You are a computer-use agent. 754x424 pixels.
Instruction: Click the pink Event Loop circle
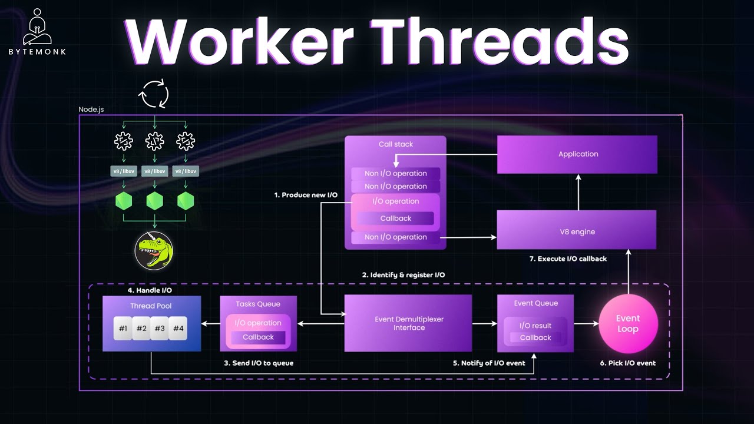627,323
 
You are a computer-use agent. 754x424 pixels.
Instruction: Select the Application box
577,154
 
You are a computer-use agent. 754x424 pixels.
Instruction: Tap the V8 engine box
577,231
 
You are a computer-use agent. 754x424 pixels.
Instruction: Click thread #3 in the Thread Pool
160,329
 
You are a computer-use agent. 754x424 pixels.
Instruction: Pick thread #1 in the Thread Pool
123,329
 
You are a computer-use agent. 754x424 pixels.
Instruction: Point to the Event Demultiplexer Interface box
408,323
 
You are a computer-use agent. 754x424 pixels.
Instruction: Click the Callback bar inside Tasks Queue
258,337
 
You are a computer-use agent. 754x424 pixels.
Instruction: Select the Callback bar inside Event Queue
535,337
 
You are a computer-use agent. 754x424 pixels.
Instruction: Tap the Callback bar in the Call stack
395,218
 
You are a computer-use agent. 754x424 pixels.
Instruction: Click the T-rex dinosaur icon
154,250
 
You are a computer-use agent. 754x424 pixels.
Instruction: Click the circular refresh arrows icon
154,94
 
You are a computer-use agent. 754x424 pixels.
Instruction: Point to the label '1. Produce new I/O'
306,195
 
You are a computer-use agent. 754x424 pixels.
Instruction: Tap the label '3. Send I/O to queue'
258,363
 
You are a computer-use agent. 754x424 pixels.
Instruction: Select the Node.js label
91,110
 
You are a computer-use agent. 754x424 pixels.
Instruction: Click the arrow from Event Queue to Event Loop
586,323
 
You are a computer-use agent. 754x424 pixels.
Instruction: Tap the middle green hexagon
154,201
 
